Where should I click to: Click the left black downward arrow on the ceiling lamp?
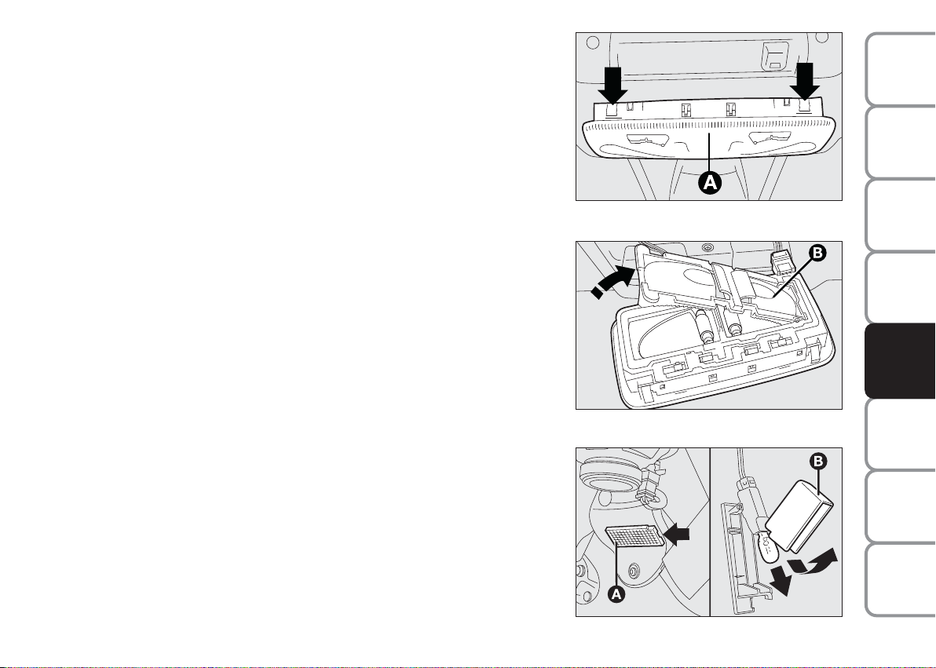(x=612, y=85)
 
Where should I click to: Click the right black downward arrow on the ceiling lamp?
(x=805, y=82)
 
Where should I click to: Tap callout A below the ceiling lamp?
(x=710, y=182)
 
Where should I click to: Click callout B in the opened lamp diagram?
(x=817, y=254)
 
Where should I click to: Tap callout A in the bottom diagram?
(x=616, y=594)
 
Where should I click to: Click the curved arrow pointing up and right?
(x=814, y=564)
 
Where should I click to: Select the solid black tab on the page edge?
(x=900, y=361)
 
